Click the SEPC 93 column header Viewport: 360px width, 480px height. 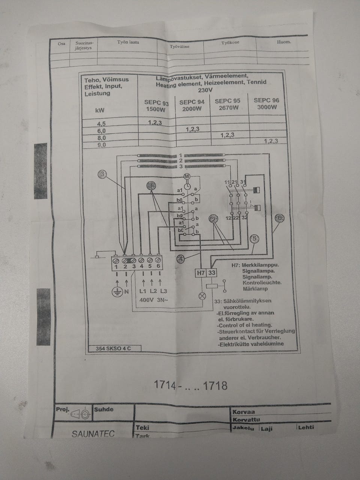[156, 106]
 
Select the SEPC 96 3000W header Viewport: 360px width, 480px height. [266, 103]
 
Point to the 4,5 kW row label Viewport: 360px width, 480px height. [101, 124]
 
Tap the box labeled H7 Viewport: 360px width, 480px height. [201, 273]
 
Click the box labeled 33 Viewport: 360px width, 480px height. [212, 273]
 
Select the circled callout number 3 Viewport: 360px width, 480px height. [102, 174]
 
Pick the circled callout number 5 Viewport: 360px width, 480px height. [254, 238]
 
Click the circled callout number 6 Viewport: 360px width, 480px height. [279, 218]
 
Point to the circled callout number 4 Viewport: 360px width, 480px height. [181, 258]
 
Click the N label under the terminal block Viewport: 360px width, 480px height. [126, 291]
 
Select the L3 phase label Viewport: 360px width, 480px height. [163, 291]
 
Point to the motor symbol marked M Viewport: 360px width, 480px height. [187, 176]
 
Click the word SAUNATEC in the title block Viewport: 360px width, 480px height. [93, 434]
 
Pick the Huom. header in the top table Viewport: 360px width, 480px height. [284, 42]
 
